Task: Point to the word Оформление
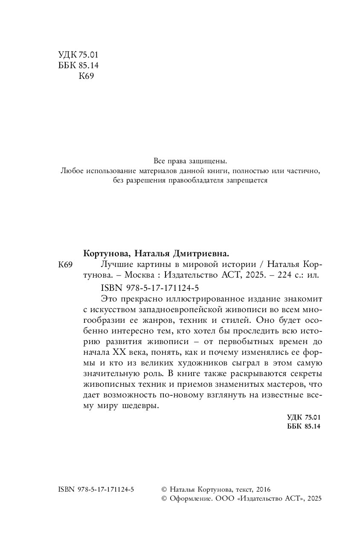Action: tap(190, 499)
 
